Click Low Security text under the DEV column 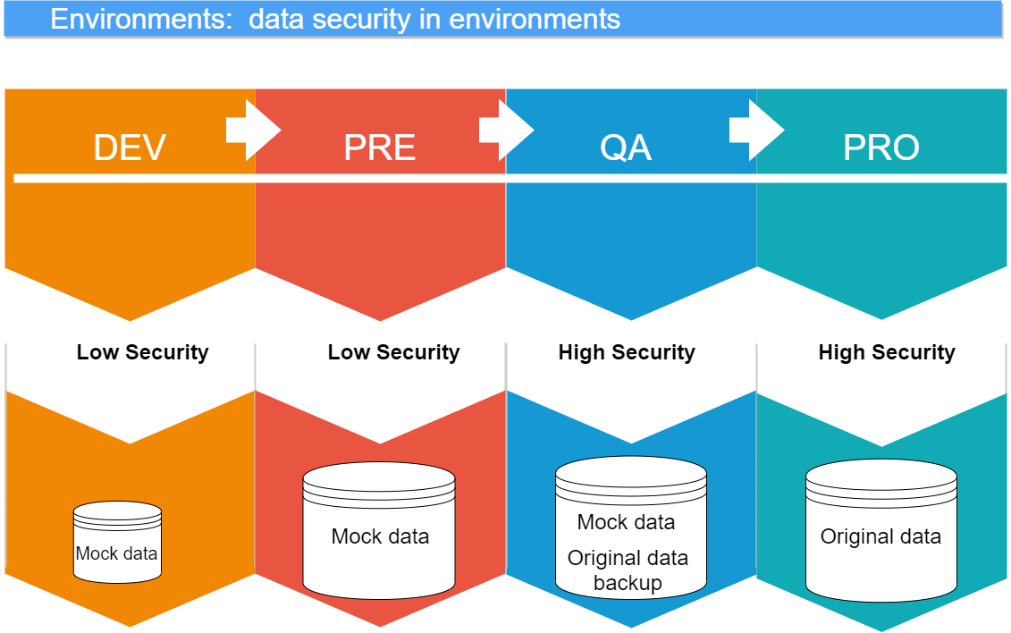(142, 352)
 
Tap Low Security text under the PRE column (393, 352)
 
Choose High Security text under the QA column (627, 352)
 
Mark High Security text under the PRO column (887, 352)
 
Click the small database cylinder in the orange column (117, 540)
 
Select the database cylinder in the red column (379, 529)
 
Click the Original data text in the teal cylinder (880, 536)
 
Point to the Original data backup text (628, 570)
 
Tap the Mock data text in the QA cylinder (626, 522)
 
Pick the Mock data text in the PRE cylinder (380, 536)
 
